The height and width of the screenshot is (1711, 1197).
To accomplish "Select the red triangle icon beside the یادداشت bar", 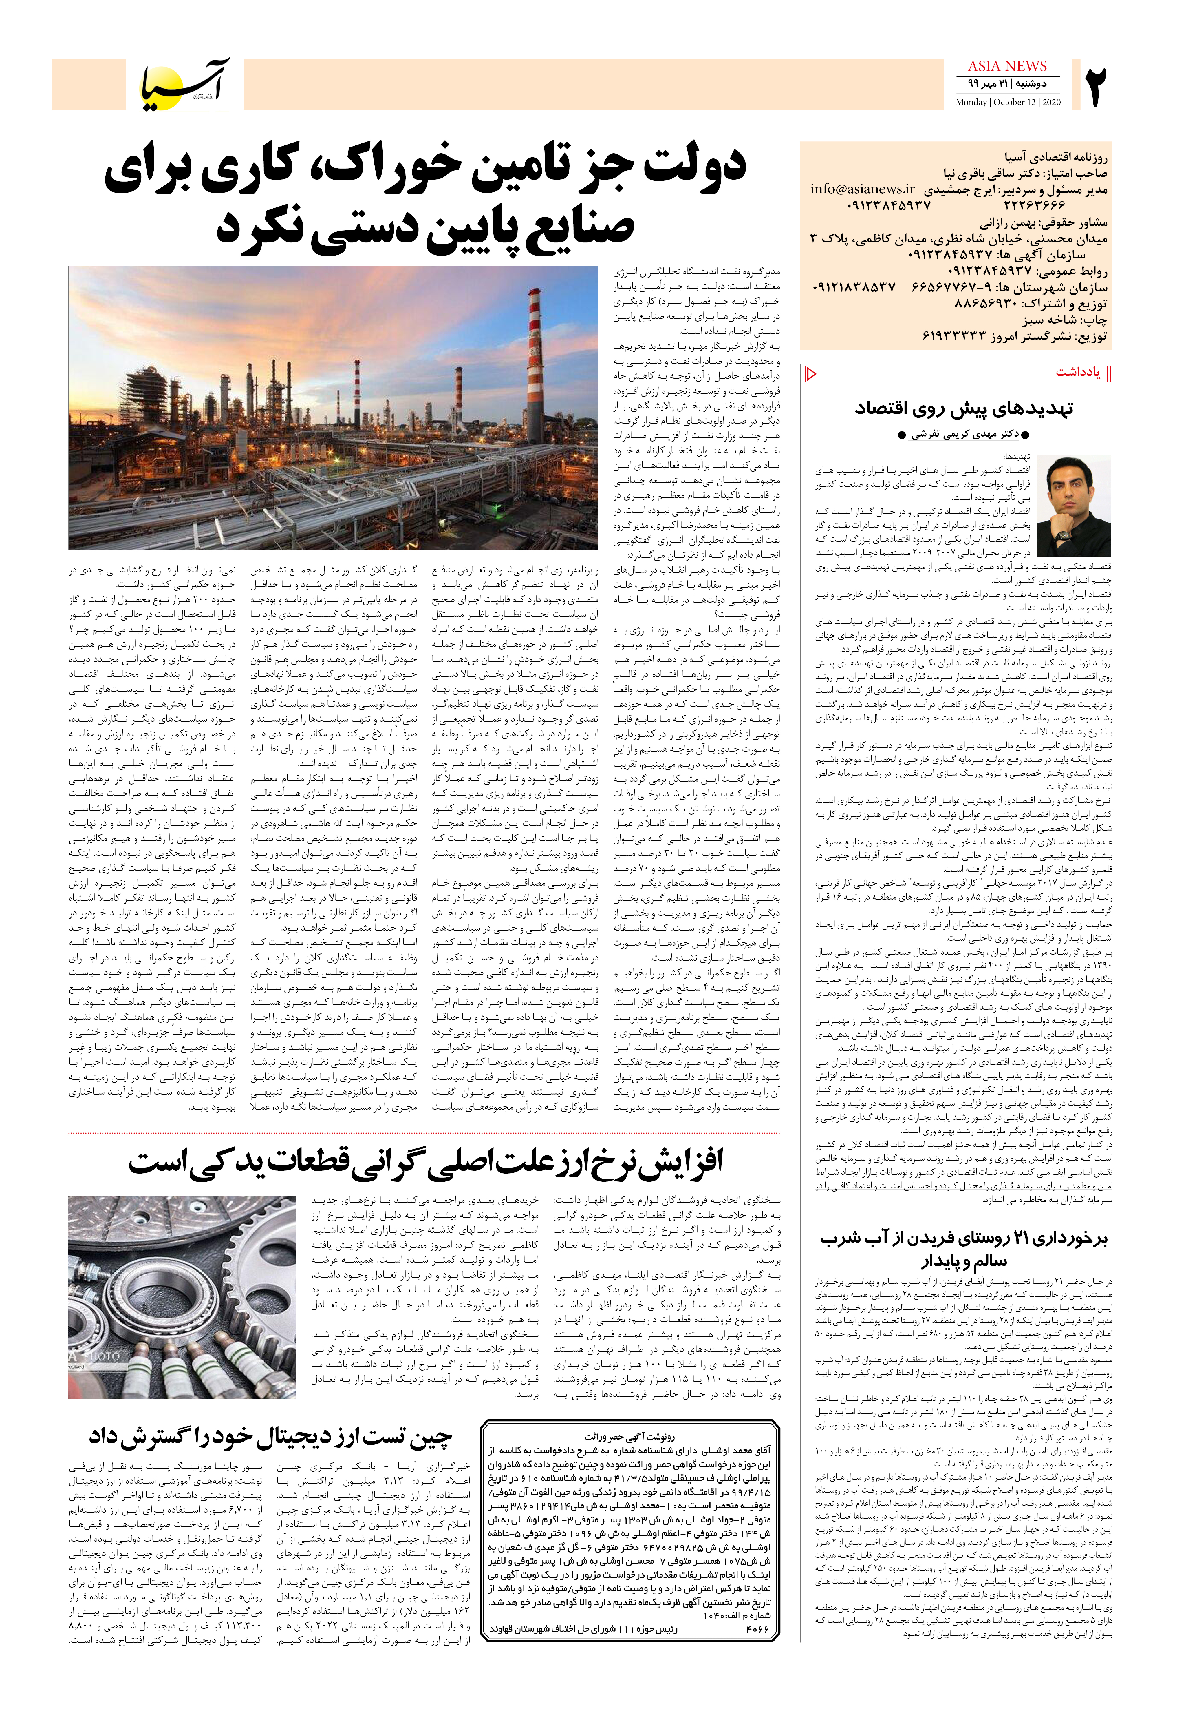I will point(811,373).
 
